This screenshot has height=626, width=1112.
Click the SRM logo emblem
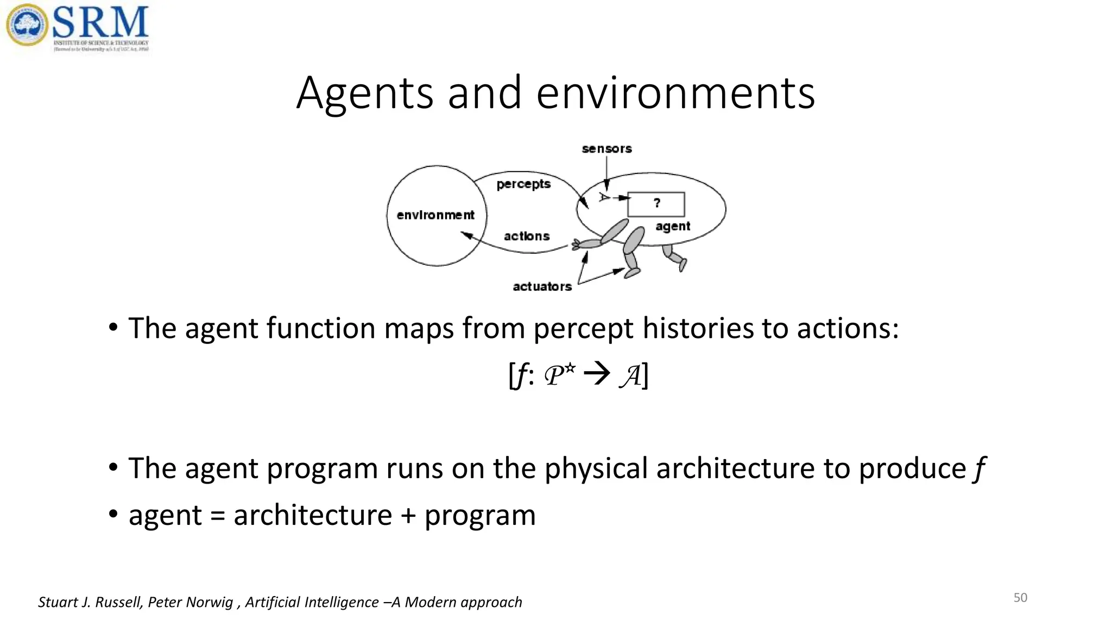pyautogui.click(x=27, y=25)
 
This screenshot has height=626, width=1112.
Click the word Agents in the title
pyautogui.click(x=364, y=93)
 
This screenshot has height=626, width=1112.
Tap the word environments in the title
pyautogui.click(x=675, y=93)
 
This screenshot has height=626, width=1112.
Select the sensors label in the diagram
pyautogui.click(x=606, y=149)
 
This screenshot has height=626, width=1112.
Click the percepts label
pyautogui.click(x=523, y=184)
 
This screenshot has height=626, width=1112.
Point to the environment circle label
pyautogui.click(x=435, y=215)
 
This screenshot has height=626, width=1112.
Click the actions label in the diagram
pyautogui.click(x=526, y=236)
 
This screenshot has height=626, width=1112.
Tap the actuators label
pyautogui.click(x=542, y=287)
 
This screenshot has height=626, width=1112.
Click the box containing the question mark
pyautogui.click(x=656, y=204)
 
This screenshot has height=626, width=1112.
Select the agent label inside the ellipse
pyautogui.click(x=672, y=227)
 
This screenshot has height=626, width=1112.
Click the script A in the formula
pyautogui.click(x=630, y=376)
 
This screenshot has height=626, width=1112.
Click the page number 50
pyautogui.click(x=1020, y=598)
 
